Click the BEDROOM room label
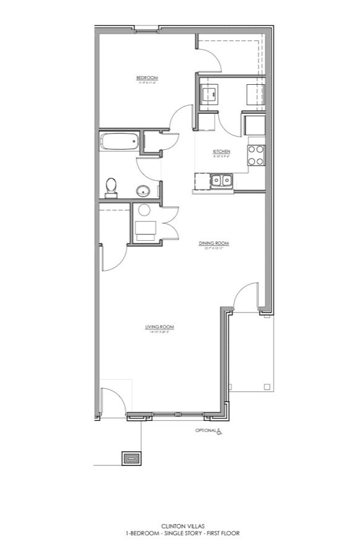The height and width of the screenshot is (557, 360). point(147,77)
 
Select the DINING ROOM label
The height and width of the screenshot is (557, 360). point(213,243)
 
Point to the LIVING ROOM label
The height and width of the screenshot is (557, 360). point(158,327)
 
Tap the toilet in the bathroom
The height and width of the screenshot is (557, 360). point(111,186)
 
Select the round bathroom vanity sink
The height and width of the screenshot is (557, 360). point(144,190)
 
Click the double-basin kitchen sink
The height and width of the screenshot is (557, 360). point(221,181)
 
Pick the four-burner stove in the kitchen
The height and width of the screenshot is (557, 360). point(256,155)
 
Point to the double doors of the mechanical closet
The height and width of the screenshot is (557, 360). point(169,222)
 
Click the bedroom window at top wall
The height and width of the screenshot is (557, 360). point(147,28)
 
